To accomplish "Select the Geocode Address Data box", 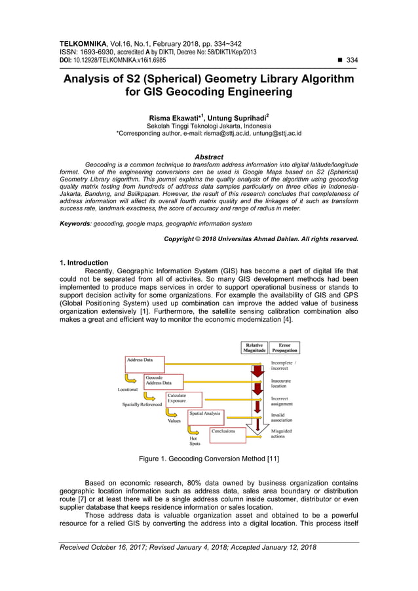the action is (163, 381).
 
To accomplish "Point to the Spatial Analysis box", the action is (205, 415).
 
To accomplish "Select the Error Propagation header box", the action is (284, 348).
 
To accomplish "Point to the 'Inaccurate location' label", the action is (281, 383).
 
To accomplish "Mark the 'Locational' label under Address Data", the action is (128, 390).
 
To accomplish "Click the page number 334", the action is (352, 60).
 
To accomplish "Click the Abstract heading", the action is (209, 157).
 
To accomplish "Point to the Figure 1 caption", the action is (208, 459).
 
